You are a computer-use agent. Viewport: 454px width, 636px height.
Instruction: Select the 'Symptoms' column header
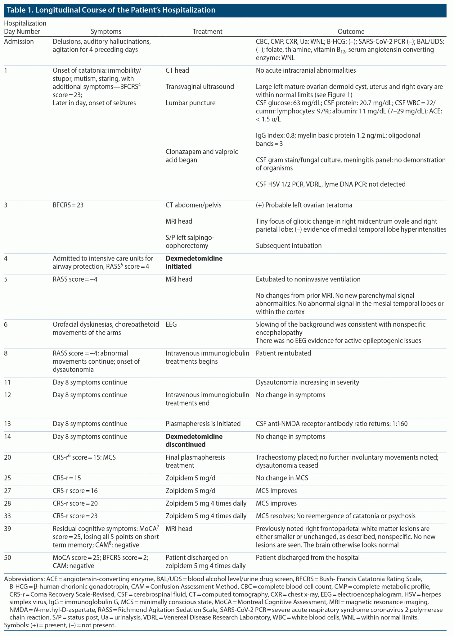(106, 31)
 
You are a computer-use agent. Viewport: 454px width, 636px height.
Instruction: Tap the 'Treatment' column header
(207, 31)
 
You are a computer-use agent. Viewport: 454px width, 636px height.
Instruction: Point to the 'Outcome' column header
(351, 31)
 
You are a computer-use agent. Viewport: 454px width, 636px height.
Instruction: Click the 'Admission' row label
(19, 42)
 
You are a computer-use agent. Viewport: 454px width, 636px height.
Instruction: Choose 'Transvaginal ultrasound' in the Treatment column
(200, 87)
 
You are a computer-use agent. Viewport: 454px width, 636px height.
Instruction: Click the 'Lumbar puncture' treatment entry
(190, 103)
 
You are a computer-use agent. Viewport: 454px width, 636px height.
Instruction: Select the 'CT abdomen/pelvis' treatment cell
(193, 205)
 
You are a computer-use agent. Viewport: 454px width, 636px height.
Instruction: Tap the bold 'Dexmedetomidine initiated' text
(194, 262)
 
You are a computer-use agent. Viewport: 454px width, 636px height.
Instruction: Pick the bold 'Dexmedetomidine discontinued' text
(194, 440)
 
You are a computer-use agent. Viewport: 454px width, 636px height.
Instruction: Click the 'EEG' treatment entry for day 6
(171, 325)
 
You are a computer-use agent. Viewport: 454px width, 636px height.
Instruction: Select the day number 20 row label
(7, 457)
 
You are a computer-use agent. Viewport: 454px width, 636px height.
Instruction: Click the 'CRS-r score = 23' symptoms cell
(75, 516)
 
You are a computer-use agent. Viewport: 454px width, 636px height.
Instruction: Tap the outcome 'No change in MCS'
(282, 478)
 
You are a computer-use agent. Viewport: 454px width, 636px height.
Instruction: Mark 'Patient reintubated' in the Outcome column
(283, 353)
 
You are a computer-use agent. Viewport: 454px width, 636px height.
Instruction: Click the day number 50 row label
(7, 557)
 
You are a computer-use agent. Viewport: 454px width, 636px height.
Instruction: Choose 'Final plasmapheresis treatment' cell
(195, 461)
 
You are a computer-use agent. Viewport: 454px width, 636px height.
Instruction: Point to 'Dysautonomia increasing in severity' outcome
(307, 382)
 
